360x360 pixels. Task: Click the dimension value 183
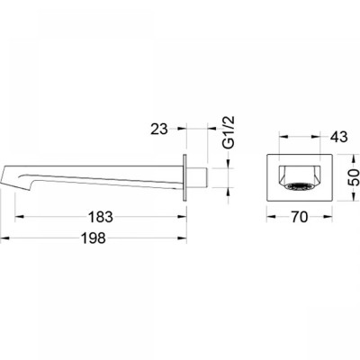click(x=101, y=217)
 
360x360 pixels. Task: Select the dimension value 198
click(x=94, y=238)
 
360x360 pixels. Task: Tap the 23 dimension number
click(x=159, y=129)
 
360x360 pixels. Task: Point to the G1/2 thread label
click(x=229, y=132)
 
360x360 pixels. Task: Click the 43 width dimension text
click(x=338, y=137)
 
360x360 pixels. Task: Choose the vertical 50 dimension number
click(x=355, y=177)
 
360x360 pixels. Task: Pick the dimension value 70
click(x=299, y=217)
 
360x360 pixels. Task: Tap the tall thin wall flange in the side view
click(x=185, y=178)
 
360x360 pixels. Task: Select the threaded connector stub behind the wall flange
click(x=197, y=178)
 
